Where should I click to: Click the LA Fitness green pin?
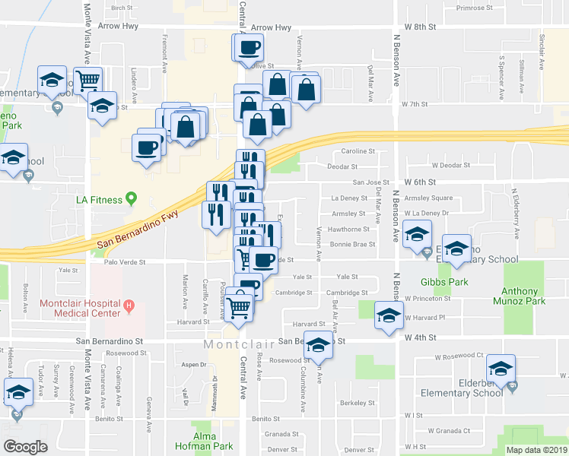pyautogui.click(x=131, y=200)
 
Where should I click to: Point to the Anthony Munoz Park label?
pyautogui.click(x=523, y=296)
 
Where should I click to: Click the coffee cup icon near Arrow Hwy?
pyautogui.click(x=248, y=50)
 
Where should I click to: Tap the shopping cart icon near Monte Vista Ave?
pyautogui.click(x=89, y=80)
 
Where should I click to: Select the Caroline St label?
pyautogui.click(x=359, y=151)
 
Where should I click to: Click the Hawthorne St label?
pyautogui.click(x=348, y=229)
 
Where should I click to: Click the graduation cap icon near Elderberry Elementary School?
pyautogui.click(x=501, y=369)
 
